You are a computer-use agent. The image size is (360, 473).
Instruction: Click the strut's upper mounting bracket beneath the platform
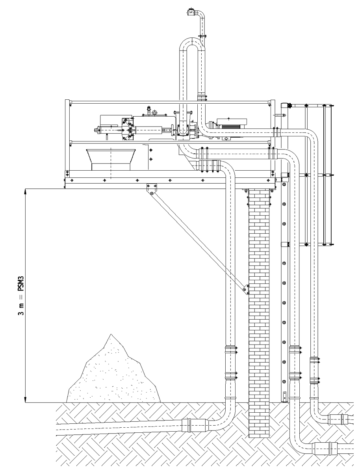coord(150,188)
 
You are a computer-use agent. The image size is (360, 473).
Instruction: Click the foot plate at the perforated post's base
coord(284,396)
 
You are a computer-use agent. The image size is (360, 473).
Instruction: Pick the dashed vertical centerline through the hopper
coord(111,162)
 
